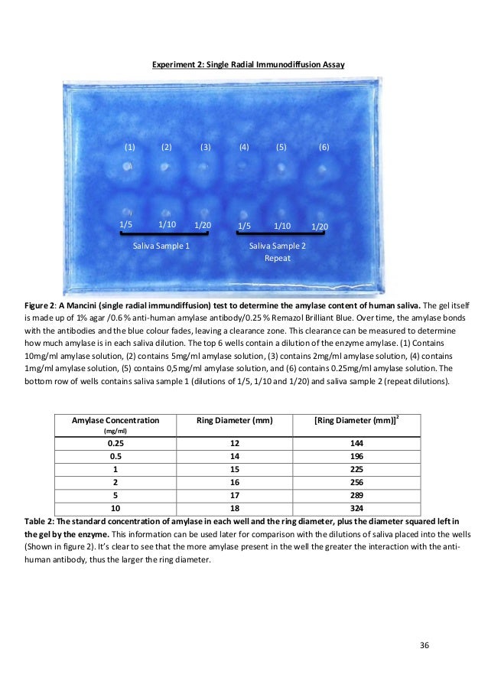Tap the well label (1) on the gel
click(x=130, y=145)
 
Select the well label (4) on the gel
click(x=244, y=145)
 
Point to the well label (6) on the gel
click(x=324, y=145)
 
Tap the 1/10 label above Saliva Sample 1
click(x=167, y=224)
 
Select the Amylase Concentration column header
click(x=115, y=420)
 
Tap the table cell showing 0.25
click(x=115, y=443)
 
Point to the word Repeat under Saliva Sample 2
click(x=276, y=258)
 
